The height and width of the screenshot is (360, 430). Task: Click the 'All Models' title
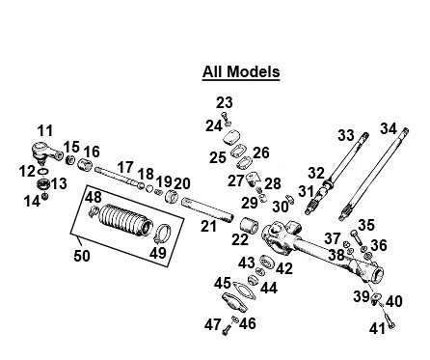tap(241, 71)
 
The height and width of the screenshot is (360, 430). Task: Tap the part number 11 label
tap(45, 131)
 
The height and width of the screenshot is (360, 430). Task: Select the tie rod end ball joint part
tap(47, 152)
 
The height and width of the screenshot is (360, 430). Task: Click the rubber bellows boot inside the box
tap(124, 218)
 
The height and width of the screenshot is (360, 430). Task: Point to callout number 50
tap(82, 256)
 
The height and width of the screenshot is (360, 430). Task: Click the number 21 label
tap(209, 226)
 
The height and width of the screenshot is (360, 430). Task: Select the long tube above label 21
tap(206, 210)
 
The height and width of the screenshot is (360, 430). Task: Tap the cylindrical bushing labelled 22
tap(250, 226)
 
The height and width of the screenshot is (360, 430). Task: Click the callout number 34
tap(389, 129)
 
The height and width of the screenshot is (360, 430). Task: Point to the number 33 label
tap(346, 135)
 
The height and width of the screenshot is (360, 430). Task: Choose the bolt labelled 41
tap(390, 320)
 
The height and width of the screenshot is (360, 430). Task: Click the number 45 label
tap(223, 284)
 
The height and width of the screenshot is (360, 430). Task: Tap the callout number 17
tap(125, 168)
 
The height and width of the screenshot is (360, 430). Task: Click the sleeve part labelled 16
tap(85, 165)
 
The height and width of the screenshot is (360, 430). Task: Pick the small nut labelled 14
tap(45, 196)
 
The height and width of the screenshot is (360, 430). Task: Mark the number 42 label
tap(284, 268)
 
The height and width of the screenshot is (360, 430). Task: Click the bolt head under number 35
tap(355, 234)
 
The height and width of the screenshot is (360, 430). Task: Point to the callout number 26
tap(261, 152)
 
